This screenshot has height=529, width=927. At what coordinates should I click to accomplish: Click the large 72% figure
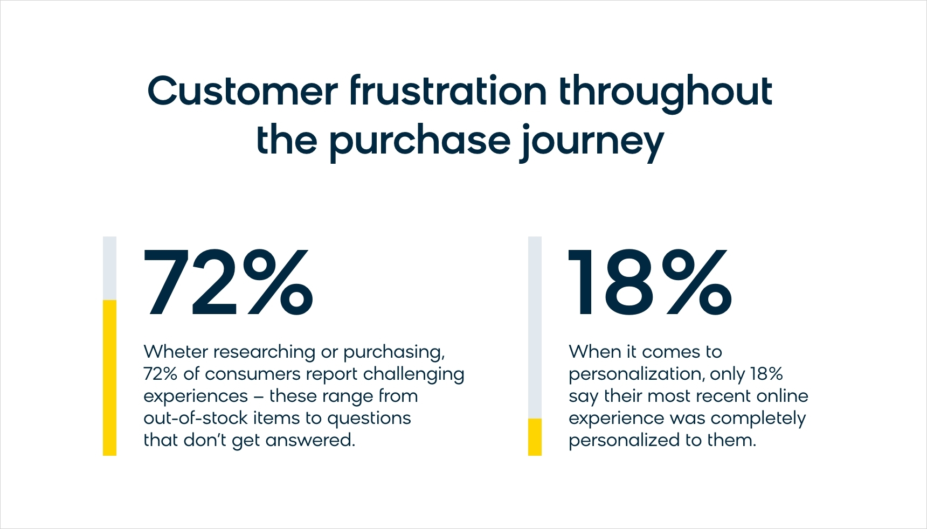[x=229, y=283]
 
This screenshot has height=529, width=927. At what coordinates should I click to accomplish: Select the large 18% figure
[x=650, y=283]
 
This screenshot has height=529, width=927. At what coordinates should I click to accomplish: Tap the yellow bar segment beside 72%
[x=109, y=378]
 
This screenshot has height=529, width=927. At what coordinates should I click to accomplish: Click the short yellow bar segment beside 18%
[x=535, y=437]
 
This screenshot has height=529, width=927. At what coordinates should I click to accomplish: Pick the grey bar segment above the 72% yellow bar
[x=109, y=268]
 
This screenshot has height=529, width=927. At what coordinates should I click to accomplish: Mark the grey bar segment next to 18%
[x=535, y=328]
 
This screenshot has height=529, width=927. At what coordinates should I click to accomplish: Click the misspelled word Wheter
[x=176, y=352]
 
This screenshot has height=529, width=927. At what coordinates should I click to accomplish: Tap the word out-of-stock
[x=195, y=418]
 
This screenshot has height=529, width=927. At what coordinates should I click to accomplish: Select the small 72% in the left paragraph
[x=161, y=374]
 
